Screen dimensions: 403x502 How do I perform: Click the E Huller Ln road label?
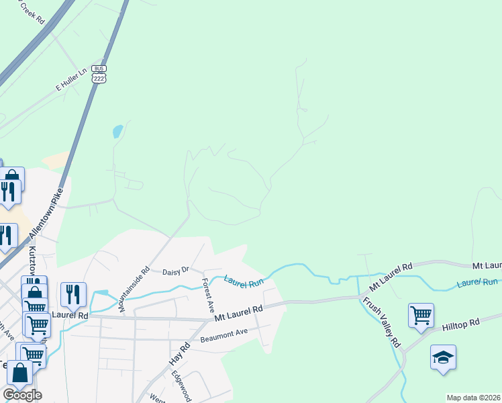click(72, 79)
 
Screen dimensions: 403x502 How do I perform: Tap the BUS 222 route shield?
click(99, 74)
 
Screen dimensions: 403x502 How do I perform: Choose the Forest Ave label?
click(207, 296)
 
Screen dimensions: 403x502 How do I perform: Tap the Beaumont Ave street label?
click(224, 335)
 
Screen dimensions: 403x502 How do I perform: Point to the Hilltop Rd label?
click(460, 324)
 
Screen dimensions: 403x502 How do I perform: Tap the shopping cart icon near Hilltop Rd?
click(421, 314)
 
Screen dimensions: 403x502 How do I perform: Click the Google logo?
click(22, 394)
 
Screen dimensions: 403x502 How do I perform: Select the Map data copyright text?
click(473, 398)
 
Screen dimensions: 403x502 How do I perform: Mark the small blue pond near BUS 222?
click(117, 131)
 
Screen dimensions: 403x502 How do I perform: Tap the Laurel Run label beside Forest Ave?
click(244, 283)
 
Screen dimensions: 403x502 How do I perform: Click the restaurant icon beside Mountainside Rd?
click(73, 294)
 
